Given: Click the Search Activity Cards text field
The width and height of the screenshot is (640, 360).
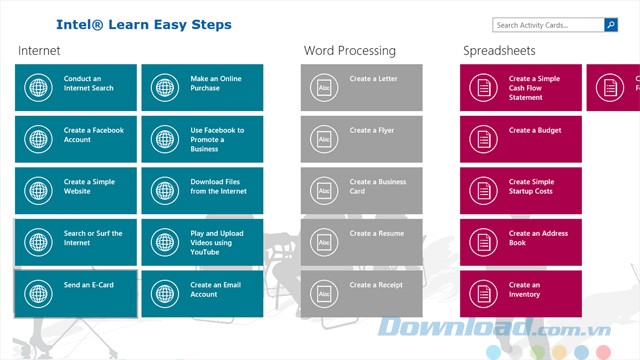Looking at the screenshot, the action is click(x=547, y=25).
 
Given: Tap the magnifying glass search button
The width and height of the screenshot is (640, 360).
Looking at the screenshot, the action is click(x=610, y=25).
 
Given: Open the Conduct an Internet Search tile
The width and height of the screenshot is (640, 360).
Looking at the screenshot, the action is click(x=76, y=87).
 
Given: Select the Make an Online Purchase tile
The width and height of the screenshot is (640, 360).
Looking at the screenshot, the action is click(x=202, y=87).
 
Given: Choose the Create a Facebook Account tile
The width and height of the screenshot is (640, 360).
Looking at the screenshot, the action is click(x=76, y=139).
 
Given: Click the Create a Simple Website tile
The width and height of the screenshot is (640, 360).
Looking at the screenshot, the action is click(x=76, y=190).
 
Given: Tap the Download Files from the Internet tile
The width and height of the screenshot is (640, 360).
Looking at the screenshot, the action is click(x=202, y=190).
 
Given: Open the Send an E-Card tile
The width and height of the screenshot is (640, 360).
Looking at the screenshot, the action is click(x=76, y=293).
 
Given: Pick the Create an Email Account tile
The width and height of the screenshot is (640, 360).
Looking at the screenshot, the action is click(x=202, y=293).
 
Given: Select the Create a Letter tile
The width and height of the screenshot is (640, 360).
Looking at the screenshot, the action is click(x=361, y=87).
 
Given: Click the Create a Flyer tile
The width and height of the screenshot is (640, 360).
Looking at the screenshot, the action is click(x=361, y=139).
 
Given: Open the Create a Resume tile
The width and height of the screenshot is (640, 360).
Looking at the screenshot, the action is click(x=361, y=242).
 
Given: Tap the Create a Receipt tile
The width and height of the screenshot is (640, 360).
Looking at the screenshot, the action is click(x=361, y=293).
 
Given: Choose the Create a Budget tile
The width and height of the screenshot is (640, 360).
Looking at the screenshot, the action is click(x=520, y=139).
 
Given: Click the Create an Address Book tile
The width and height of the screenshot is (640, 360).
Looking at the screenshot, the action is click(x=520, y=242).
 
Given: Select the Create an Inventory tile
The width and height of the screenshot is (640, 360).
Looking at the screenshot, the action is click(x=520, y=293).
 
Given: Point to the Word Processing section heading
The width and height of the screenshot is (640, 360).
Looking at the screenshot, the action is click(x=349, y=50).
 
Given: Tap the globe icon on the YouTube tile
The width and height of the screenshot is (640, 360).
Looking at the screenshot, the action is click(x=165, y=242).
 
